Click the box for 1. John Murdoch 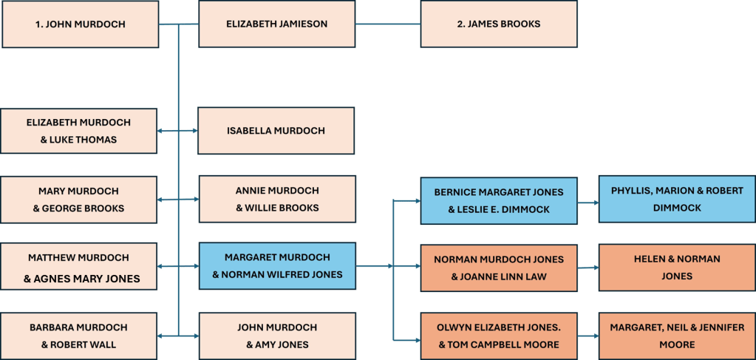[80, 24]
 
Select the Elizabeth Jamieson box [276, 24]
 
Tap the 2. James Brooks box [498, 24]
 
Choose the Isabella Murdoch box [276, 131]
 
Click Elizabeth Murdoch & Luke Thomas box [78, 132]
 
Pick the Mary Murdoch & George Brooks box [78, 200]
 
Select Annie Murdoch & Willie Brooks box [277, 200]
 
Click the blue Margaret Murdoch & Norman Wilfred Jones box [277, 267]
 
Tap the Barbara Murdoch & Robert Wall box [78, 336]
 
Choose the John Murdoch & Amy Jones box [277, 336]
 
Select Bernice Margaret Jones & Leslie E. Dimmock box [499, 200]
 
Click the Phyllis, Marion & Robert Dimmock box [677, 200]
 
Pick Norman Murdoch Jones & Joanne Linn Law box [499, 268]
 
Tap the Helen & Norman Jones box [677, 268]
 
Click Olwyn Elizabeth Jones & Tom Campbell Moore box [499, 336]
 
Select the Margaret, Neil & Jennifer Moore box [677, 336]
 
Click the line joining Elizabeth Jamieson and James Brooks [387, 24]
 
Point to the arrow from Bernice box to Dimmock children [588, 201]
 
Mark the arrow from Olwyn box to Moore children [588, 336]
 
